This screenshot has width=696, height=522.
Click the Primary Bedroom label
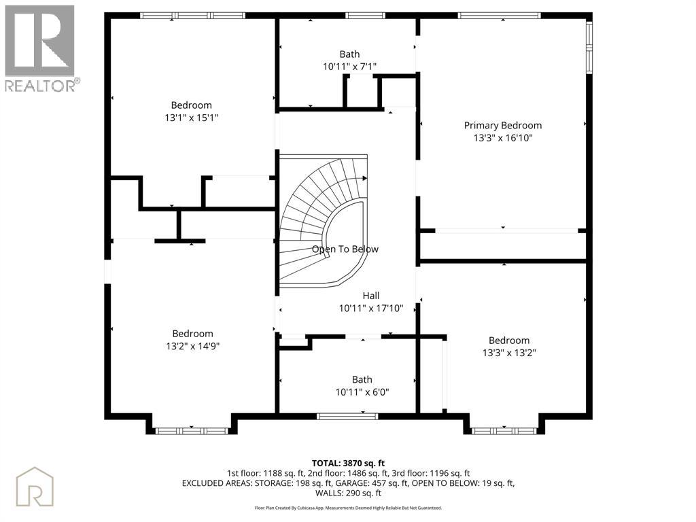pyautogui.click(x=502, y=126)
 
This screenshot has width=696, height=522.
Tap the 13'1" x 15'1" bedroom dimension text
pyautogui.click(x=191, y=118)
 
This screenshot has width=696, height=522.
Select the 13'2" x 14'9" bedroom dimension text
pyautogui.click(x=192, y=346)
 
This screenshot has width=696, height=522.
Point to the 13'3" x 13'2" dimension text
pyautogui.click(x=509, y=353)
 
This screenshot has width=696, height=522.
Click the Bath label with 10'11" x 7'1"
pyautogui.click(x=349, y=54)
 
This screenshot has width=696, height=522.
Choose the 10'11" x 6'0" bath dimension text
pyautogui.click(x=362, y=392)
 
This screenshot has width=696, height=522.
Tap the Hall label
pyautogui.click(x=371, y=296)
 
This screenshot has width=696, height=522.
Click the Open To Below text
pyautogui.click(x=345, y=249)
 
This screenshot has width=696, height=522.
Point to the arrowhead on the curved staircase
pyautogui.click(x=364, y=179)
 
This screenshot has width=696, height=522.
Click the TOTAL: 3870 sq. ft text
pyautogui.click(x=348, y=464)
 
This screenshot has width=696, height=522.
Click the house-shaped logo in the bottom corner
pyautogui.click(x=35, y=487)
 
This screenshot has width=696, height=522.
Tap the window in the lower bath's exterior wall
pyautogui.click(x=347, y=416)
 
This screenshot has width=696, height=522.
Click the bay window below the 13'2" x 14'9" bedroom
pyautogui.click(x=192, y=431)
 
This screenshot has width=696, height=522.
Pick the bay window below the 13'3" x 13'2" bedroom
pyautogui.click(x=504, y=431)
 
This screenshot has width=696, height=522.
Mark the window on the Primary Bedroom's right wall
pyautogui.click(x=589, y=48)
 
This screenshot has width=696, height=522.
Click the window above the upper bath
pyautogui.click(x=366, y=16)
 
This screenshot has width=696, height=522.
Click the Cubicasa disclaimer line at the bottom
pyautogui.click(x=348, y=508)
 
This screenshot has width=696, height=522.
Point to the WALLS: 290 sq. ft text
pyautogui.click(x=348, y=493)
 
